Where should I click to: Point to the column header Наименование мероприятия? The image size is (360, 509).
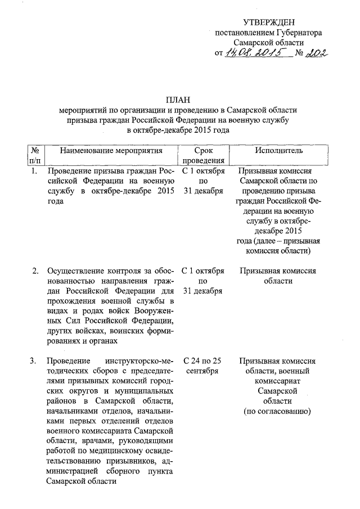(x=111, y=151)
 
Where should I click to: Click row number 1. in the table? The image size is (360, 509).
(x=35, y=170)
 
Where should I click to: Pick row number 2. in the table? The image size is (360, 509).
(x=35, y=271)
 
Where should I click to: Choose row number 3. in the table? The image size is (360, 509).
(x=35, y=361)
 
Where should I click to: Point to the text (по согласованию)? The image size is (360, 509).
(x=276, y=412)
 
